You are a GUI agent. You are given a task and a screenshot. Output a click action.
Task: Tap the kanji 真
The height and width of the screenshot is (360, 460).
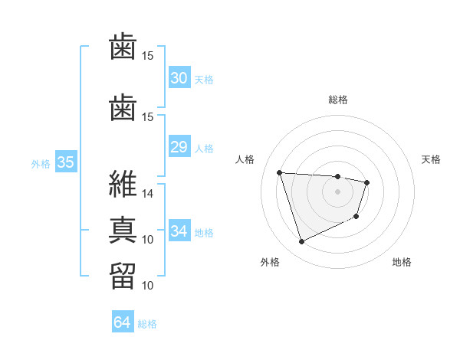(x=123, y=228)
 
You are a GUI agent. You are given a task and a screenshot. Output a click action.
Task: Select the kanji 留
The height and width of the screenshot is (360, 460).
(x=123, y=274)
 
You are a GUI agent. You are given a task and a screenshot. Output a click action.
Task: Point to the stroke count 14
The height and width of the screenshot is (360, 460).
(x=148, y=194)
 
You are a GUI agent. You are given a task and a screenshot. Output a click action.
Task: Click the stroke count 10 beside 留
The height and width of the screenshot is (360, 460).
(x=148, y=286)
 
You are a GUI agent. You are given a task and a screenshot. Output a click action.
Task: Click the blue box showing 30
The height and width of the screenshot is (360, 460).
(x=179, y=78)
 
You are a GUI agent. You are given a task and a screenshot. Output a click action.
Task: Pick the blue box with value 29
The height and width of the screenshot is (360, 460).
(x=179, y=147)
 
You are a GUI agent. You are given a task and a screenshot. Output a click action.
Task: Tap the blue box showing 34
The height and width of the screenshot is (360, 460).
(x=179, y=231)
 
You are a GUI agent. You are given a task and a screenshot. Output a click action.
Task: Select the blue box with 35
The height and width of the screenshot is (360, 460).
(x=66, y=162)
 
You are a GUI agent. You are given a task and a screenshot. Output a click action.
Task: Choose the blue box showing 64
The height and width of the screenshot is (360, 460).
(x=123, y=323)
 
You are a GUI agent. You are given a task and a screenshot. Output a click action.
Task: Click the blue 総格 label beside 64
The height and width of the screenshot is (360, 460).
(x=147, y=325)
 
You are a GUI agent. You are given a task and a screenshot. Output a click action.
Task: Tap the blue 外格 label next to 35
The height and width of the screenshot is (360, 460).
(x=41, y=163)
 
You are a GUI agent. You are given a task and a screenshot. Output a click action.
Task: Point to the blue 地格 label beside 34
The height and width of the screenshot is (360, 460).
(x=204, y=232)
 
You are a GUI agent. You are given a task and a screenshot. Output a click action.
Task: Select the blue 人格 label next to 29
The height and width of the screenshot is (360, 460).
(x=204, y=148)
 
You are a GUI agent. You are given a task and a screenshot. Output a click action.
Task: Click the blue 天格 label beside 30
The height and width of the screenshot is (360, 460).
(x=204, y=79)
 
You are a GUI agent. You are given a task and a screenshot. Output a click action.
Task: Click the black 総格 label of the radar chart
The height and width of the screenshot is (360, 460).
(x=338, y=100)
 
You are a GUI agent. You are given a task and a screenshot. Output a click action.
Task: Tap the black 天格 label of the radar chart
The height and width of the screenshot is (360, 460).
(x=431, y=159)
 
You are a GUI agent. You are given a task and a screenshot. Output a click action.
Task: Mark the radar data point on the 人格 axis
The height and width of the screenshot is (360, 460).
(x=280, y=172)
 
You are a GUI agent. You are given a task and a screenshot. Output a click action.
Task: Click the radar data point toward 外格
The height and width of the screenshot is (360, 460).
(x=301, y=242)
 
